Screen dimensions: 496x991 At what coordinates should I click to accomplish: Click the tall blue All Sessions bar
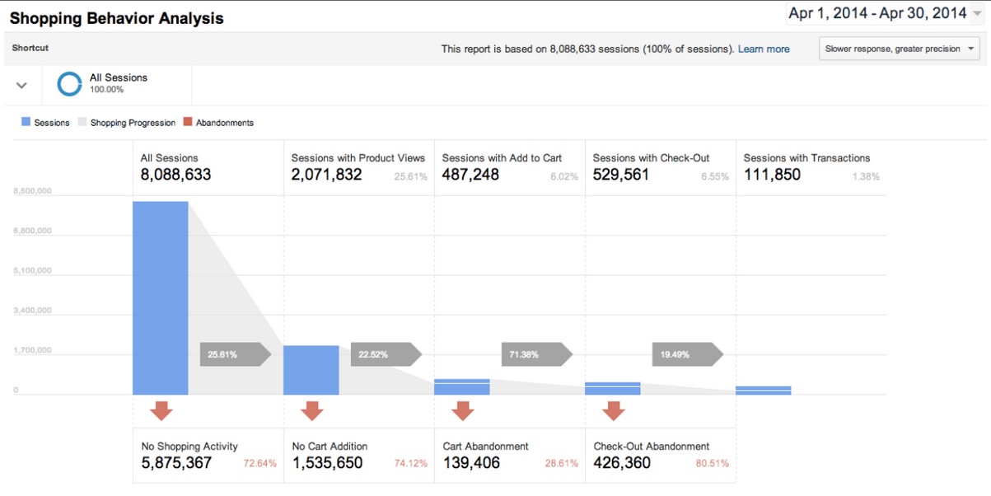[x=160, y=297]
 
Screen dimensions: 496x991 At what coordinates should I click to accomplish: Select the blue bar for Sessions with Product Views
[x=311, y=370]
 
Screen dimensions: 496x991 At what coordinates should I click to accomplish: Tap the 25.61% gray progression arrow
[x=234, y=354]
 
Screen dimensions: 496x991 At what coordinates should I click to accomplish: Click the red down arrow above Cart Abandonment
[x=462, y=410]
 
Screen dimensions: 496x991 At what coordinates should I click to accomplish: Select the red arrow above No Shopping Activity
[x=161, y=410]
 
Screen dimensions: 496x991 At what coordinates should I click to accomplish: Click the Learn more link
[x=763, y=49]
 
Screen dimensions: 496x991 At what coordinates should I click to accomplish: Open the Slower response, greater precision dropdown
[x=899, y=49]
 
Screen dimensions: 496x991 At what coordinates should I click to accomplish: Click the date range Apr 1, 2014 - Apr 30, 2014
[x=877, y=13]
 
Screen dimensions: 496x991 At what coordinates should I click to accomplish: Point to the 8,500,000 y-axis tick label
[x=32, y=191]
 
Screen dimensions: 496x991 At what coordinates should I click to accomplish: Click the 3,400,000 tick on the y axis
[x=32, y=311]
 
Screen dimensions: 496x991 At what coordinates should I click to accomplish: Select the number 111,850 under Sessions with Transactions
[x=772, y=175]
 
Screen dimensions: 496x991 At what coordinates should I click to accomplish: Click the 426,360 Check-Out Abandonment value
[x=622, y=463]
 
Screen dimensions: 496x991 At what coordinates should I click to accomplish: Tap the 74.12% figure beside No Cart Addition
[x=410, y=464]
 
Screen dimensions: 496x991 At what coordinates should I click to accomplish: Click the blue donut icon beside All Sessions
[x=69, y=83]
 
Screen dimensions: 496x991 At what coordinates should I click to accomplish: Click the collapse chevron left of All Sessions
[x=22, y=85]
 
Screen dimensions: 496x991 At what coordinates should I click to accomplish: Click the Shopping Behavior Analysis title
[x=116, y=18]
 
